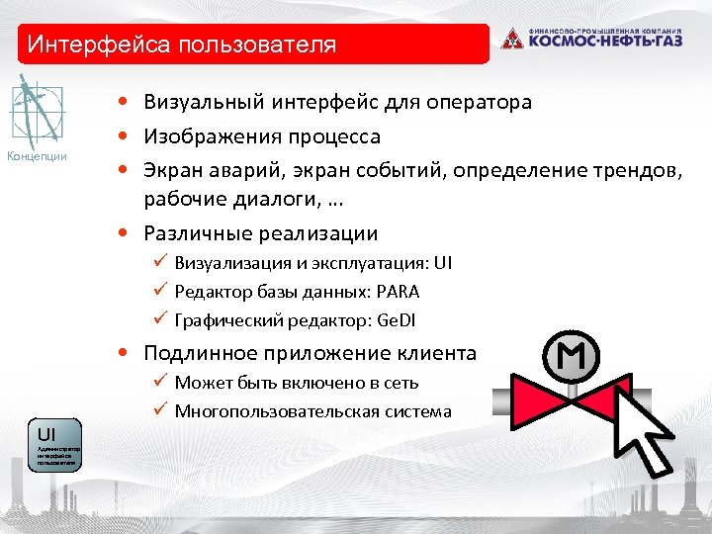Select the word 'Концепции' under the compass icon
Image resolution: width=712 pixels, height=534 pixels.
click(37, 155)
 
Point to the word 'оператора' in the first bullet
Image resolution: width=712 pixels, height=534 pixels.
click(482, 102)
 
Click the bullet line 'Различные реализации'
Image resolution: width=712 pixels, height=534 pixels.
click(260, 233)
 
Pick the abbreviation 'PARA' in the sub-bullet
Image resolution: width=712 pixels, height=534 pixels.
click(397, 292)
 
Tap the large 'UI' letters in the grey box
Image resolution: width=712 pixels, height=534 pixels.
click(46, 434)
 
